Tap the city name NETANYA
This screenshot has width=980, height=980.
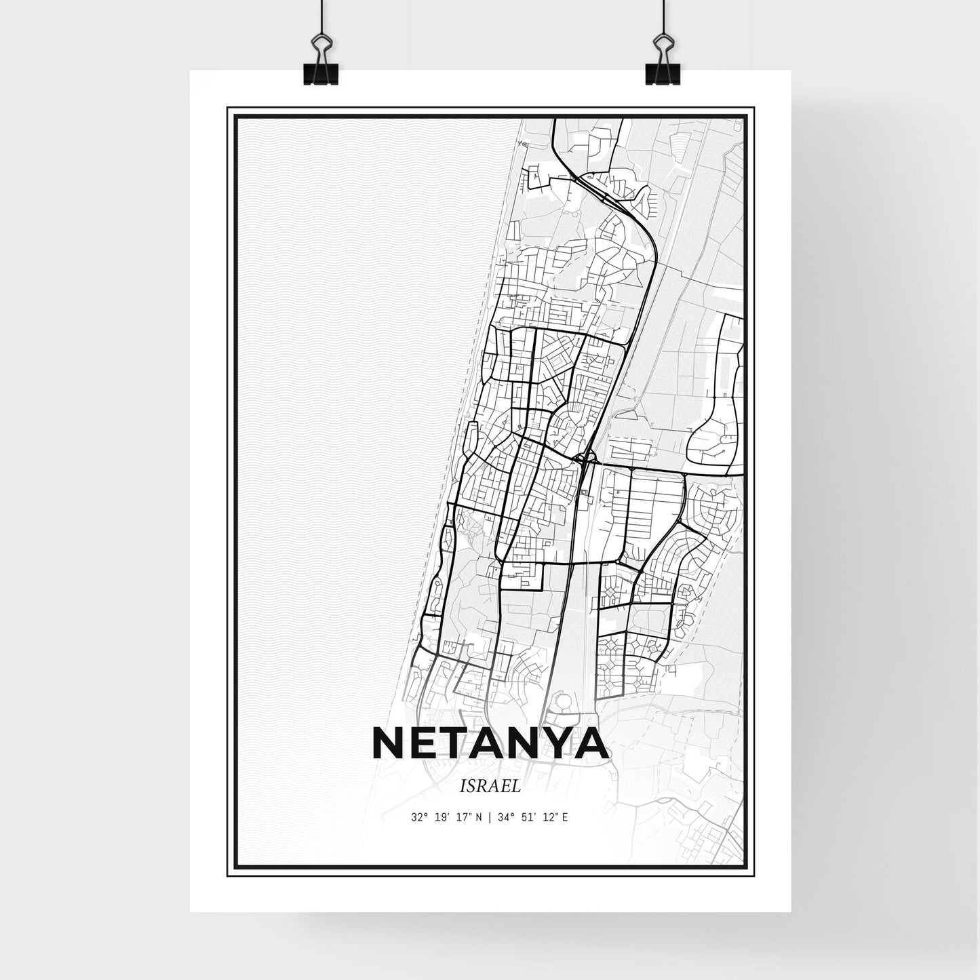click(490, 745)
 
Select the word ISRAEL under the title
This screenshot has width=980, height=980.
click(490, 787)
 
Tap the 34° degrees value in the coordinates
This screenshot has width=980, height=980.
click(506, 817)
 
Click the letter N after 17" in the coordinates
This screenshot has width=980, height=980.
click(478, 817)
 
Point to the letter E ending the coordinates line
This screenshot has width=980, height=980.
click(565, 817)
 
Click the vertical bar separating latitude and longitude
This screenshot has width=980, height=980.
click(489, 817)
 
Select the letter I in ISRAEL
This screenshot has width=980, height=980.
click(463, 787)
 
